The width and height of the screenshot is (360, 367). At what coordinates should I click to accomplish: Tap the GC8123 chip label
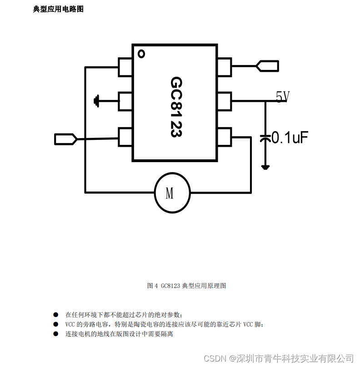coord(177,107)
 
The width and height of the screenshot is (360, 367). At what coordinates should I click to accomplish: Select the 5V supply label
coord(282,96)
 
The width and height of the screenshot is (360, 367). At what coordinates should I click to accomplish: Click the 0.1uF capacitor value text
coord(290,138)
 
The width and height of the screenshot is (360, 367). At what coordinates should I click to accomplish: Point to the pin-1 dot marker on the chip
coord(141,54)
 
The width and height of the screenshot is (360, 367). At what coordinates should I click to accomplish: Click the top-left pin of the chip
coord(125,67)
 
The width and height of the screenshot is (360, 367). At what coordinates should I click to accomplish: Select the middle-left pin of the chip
coord(125,101)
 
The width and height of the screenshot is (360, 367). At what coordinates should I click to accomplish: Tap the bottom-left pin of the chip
coord(125,137)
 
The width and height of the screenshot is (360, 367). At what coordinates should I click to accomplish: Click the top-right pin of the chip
coord(224,67)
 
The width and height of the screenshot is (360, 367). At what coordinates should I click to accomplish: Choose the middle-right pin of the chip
coord(224,101)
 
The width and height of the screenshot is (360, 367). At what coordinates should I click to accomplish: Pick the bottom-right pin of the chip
coord(224,137)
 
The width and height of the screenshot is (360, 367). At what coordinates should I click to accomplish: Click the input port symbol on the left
coord(65,139)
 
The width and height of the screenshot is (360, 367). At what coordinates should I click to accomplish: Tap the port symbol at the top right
coord(267,66)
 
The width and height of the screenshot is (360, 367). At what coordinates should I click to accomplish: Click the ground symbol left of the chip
coord(96,101)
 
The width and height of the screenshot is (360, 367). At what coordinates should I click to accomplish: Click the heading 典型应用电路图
coord(58,9)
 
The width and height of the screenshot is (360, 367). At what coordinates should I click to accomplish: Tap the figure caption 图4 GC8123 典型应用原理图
coord(186,286)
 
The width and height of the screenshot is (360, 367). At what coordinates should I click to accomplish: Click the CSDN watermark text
coord(278,358)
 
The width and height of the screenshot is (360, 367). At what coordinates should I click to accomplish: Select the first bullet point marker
coord(56,314)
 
